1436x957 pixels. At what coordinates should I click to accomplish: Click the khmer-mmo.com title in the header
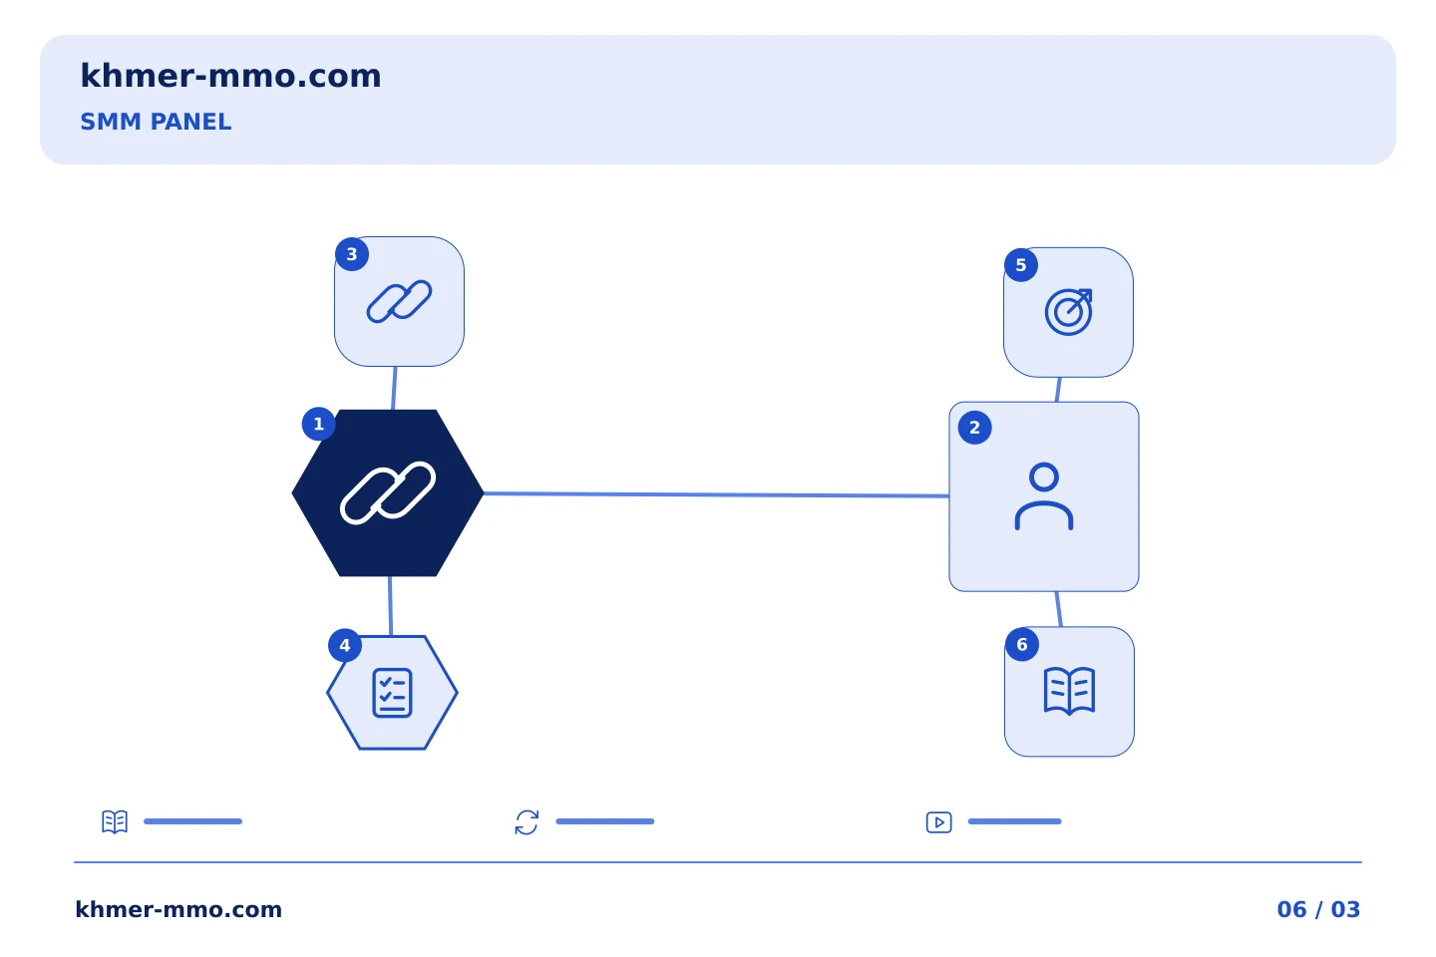click(x=230, y=76)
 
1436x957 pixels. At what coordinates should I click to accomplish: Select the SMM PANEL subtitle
click(x=156, y=122)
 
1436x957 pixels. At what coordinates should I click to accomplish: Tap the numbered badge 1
click(x=319, y=424)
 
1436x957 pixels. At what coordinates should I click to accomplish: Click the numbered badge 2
click(x=974, y=428)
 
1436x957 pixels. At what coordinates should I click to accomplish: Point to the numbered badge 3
click(x=352, y=254)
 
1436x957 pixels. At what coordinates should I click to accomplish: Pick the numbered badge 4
click(x=345, y=645)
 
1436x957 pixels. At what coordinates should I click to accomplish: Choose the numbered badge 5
click(x=1021, y=265)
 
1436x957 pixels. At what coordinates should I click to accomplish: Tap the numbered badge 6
click(x=1022, y=644)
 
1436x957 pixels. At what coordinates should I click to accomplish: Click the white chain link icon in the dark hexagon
click(x=388, y=492)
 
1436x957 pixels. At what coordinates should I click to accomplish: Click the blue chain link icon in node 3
click(x=399, y=301)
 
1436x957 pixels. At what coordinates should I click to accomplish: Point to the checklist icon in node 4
click(x=392, y=693)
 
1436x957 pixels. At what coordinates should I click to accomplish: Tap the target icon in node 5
click(x=1069, y=312)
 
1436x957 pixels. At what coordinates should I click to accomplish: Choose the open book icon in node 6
click(x=1069, y=691)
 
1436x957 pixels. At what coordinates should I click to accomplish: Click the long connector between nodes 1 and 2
click(x=716, y=494)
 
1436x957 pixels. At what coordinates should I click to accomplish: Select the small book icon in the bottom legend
click(x=115, y=821)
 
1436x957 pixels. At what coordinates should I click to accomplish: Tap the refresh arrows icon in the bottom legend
click(x=527, y=822)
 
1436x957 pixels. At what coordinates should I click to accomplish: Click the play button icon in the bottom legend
click(x=939, y=822)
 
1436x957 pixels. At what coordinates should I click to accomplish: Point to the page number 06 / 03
click(x=1318, y=909)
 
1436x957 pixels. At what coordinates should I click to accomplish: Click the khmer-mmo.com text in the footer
click(x=179, y=909)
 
